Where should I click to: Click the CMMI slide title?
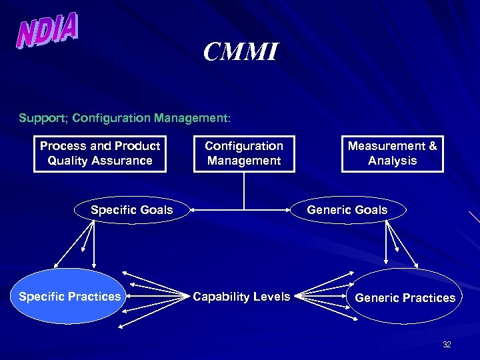point(240,51)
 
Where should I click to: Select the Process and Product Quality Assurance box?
point(100,153)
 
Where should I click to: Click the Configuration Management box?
point(244,153)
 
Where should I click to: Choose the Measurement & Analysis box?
point(392,153)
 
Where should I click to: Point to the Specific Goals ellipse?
point(132,210)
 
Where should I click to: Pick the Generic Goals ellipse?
point(347,210)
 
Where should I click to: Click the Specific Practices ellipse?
point(70,297)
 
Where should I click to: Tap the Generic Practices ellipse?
point(405,298)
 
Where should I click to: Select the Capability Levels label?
point(241,297)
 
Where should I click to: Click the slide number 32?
point(447,345)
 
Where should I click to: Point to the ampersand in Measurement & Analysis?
point(433,146)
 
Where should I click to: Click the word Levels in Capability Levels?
point(271,297)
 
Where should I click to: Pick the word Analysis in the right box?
point(392,161)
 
